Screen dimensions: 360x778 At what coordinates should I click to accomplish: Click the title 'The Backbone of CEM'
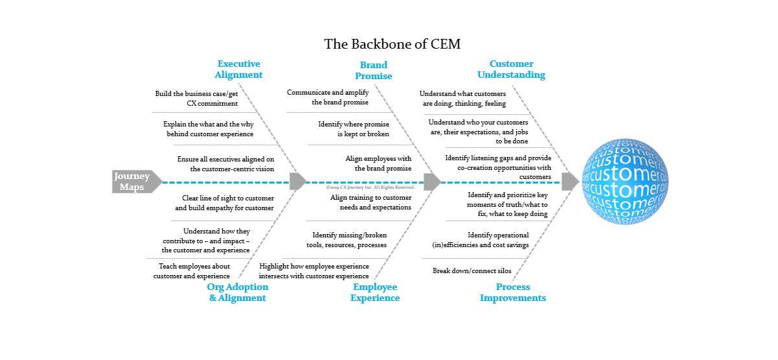point(392,43)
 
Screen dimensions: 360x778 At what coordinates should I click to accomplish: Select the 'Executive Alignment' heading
point(239,69)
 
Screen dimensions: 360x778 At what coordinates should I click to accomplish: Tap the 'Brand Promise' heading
point(373,69)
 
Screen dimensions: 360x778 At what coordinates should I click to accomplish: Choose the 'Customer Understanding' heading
point(511,69)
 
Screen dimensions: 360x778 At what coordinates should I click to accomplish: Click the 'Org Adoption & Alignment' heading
point(237,293)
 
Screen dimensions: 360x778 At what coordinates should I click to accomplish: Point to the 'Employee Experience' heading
point(375,293)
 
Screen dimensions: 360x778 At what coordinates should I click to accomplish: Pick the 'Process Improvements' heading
point(513,293)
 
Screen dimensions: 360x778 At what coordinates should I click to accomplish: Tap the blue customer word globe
point(624,181)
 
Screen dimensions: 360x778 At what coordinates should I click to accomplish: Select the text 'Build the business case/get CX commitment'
point(196,98)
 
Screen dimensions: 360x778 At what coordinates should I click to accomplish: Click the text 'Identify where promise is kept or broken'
point(353,128)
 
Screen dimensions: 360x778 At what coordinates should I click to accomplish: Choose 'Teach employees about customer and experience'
point(191,270)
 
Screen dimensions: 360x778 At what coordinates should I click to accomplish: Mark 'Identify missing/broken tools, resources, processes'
point(346,240)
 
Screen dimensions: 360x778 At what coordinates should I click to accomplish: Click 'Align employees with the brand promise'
point(378,163)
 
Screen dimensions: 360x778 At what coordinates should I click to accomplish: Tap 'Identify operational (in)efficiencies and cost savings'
point(480,240)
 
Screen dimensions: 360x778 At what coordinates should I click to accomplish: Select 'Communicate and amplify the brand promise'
point(328,97)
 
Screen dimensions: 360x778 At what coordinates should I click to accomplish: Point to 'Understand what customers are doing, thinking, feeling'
point(462,98)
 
